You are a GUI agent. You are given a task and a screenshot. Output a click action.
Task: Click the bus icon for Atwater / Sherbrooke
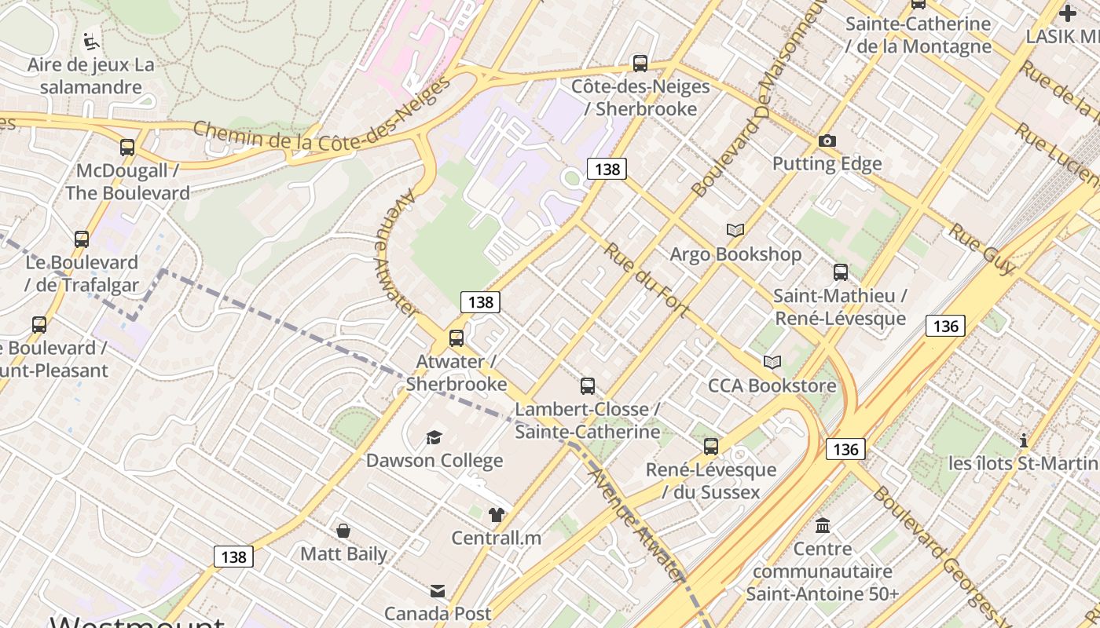456,338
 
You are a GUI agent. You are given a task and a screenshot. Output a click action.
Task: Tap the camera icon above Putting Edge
827,141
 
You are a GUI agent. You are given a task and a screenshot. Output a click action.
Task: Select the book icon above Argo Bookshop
735,230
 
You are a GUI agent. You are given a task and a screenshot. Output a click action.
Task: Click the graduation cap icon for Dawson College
434,437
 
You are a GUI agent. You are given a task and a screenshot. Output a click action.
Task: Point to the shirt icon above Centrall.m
496,515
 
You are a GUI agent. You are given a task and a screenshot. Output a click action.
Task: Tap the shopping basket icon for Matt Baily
343,531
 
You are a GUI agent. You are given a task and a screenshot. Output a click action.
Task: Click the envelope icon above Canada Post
438,590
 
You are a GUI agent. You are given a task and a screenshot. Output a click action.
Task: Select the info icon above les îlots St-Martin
1023,440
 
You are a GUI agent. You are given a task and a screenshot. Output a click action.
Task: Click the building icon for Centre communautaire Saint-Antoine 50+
823,525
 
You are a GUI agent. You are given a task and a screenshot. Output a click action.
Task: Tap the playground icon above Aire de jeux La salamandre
91,40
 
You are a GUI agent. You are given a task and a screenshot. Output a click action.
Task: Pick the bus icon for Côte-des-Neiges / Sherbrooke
640,64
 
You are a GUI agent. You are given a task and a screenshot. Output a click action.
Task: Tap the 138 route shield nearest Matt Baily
233,557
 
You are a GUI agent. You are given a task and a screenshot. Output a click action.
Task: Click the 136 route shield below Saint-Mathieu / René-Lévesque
944,326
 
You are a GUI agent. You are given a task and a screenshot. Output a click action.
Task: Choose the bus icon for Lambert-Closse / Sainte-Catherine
587,385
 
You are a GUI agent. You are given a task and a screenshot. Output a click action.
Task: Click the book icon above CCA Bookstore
772,362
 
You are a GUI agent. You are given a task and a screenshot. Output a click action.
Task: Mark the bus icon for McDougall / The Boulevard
127,147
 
